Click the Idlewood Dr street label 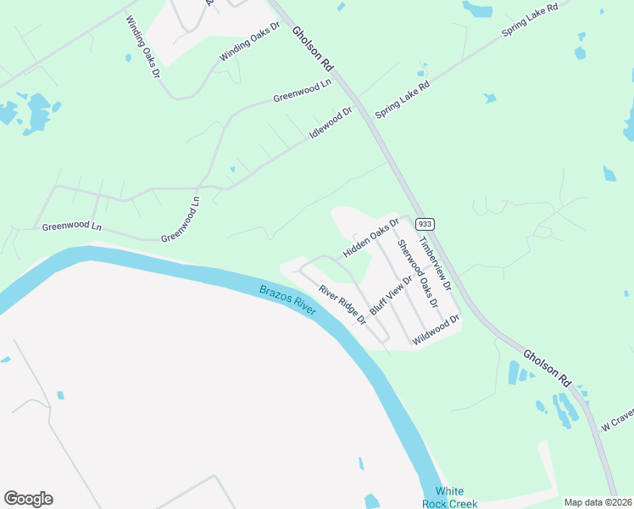pyautogui.click(x=331, y=123)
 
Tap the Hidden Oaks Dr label pyautogui.click(x=370, y=238)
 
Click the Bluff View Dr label pyautogui.click(x=391, y=294)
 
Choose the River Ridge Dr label pyautogui.click(x=342, y=305)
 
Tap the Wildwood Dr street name pyautogui.click(x=436, y=330)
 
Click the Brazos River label pyautogui.click(x=288, y=300)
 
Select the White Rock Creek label pyautogui.click(x=450, y=498)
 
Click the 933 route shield pyautogui.click(x=425, y=224)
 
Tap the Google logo pyautogui.click(x=28, y=499)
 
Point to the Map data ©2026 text pyautogui.click(x=598, y=502)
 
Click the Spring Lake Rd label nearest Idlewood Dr pyautogui.click(x=403, y=98)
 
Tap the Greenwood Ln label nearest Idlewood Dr pyautogui.click(x=302, y=92)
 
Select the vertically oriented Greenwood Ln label pyautogui.click(x=181, y=218)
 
